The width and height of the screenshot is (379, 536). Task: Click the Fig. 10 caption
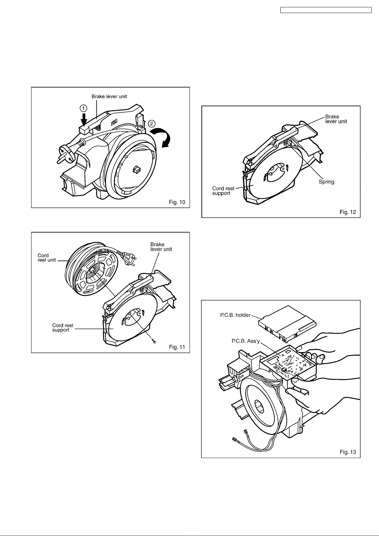(x=177, y=202)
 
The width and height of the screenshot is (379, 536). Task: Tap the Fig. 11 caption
(x=177, y=347)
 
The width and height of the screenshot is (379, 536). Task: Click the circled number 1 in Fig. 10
(x=84, y=108)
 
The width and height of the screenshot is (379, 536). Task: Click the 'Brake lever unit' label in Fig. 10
(x=109, y=96)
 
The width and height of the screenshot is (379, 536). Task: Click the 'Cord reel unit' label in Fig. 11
(x=46, y=258)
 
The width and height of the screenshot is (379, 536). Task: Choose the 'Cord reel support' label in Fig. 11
(x=63, y=328)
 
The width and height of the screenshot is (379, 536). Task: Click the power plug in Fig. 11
(x=130, y=257)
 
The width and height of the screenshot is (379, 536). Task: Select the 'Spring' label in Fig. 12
(x=326, y=182)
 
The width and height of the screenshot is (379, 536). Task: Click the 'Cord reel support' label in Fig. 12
(x=223, y=191)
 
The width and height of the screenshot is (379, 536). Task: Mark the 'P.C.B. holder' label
(x=235, y=315)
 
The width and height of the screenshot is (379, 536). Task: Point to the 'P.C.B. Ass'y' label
(x=246, y=341)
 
